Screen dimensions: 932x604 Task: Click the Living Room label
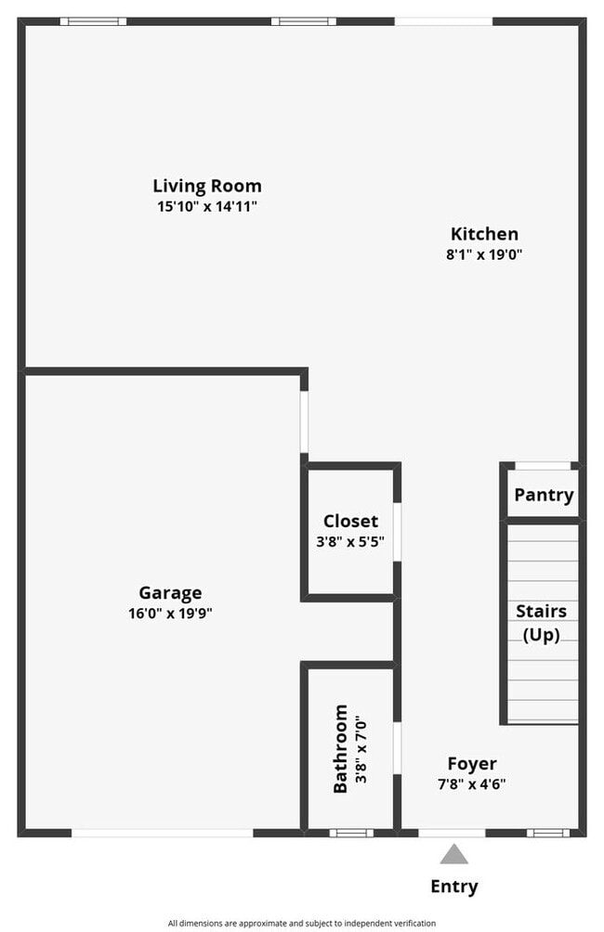click(x=207, y=186)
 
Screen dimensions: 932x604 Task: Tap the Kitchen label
click(x=484, y=234)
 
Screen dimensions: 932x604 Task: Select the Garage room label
click(x=170, y=593)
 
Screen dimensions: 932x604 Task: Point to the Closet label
click(x=350, y=521)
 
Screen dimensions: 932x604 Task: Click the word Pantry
click(x=544, y=495)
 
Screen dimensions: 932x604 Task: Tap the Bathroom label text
click(x=341, y=748)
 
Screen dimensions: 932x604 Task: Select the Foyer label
click(x=472, y=764)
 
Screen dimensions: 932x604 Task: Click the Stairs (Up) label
click(x=542, y=623)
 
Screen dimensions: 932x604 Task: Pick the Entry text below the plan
click(x=454, y=887)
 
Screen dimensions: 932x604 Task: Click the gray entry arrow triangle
click(x=453, y=854)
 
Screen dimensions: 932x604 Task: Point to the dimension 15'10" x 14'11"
click(x=207, y=206)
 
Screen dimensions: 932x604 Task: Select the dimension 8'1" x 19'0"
click(x=484, y=254)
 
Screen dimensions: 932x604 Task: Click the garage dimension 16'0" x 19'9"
click(x=170, y=614)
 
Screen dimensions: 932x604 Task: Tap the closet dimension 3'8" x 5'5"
click(x=350, y=540)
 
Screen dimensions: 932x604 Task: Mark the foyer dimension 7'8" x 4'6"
click(x=472, y=783)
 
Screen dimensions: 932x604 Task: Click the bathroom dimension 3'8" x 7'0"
click(x=362, y=748)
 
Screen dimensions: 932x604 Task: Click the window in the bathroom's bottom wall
click(x=351, y=833)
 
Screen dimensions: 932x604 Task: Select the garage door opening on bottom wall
click(x=163, y=833)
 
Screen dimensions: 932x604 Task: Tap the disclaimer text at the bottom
click(x=302, y=923)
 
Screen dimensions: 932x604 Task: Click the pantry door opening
click(x=543, y=465)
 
